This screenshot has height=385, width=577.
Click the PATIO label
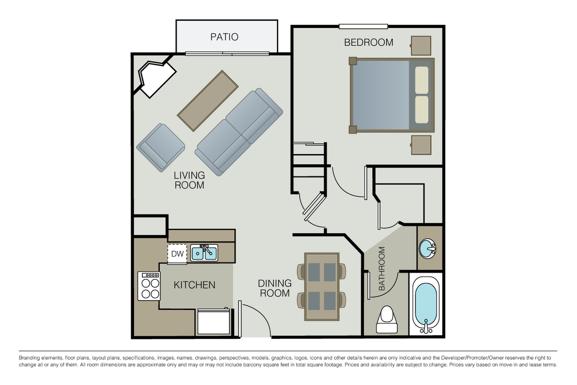(224, 37)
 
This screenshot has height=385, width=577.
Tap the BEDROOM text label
(369, 42)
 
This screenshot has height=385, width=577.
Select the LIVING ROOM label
(189, 180)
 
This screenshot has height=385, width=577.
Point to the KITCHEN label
(195, 285)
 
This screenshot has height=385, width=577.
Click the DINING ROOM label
(275, 288)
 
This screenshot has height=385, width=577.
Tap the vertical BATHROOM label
(382, 269)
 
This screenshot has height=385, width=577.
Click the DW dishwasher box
(177, 254)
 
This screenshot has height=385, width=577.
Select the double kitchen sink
(204, 253)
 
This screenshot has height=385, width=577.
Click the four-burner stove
(149, 286)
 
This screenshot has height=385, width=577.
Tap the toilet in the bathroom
(387, 320)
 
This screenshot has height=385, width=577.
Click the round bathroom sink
(428, 249)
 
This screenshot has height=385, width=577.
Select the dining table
(322, 286)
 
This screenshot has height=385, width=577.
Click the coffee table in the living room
(208, 101)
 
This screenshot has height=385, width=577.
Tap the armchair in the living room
(161, 147)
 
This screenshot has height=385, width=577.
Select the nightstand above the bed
(421, 46)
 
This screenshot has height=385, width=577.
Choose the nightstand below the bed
(421, 145)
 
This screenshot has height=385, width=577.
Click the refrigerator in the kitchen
(213, 322)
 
